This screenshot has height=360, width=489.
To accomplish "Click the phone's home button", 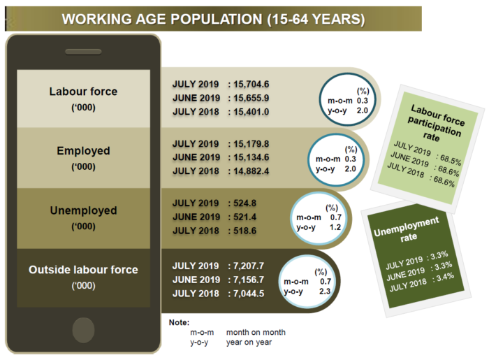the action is click(x=83, y=330).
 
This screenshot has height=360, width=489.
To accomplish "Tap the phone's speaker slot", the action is click(x=83, y=52).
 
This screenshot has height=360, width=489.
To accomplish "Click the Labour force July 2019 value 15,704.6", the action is click(x=251, y=84).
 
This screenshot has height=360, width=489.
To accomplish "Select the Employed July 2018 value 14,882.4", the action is click(x=251, y=171).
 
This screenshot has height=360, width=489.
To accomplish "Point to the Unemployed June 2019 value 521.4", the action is click(x=245, y=217).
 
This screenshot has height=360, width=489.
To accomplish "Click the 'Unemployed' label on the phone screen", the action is click(x=84, y=210).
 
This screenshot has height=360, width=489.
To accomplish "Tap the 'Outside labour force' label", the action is click(x=83, y=270).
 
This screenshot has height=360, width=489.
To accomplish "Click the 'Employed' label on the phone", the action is click(x=83, y=151).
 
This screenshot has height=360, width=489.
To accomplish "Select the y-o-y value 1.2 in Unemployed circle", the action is click(x=335, y=227).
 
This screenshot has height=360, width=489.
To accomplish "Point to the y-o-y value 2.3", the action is click(x=325, y=291).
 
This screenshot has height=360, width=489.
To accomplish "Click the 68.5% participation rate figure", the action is click(x=451, y=159).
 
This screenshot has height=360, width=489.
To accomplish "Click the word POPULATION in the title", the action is click(x=216, y=20).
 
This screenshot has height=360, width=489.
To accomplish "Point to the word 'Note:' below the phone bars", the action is click(x=179, y=322).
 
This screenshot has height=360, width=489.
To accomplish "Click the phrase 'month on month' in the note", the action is click(x=256, y=332).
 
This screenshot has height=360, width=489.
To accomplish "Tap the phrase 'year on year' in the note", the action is click(x=249, y=343).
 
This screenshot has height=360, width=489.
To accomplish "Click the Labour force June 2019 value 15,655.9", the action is click(x=251, y=98).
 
